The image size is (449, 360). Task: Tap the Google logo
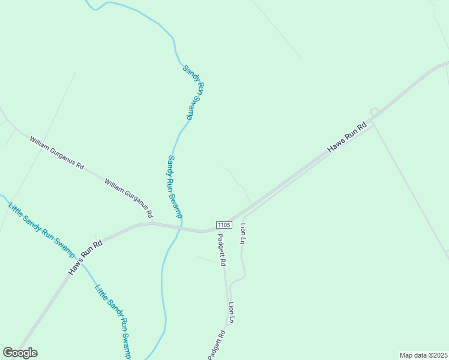coord(20,353)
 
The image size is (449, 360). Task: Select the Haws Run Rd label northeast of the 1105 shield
coord(346,137)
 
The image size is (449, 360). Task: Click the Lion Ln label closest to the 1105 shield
coord(243,233)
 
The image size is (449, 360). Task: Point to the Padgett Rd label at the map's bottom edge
coord(217,346)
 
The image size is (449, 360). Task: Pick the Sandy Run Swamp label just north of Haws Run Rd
coord(175,187)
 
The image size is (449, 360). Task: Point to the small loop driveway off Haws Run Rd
coord(374,112)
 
